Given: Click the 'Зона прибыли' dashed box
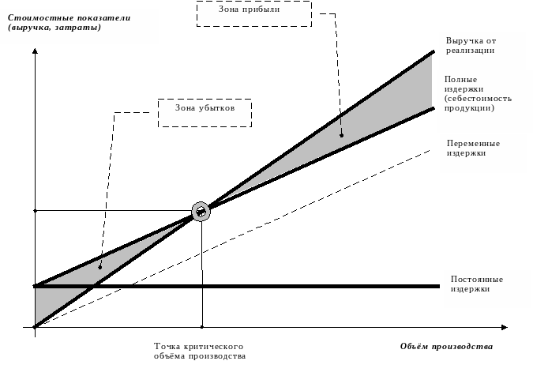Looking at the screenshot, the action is tap(254, 2).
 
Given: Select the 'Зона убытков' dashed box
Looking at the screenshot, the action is tap(205, 100).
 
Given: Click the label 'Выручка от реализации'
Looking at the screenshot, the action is tap(471, 46).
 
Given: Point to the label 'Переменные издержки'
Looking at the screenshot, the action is tap(473, 149).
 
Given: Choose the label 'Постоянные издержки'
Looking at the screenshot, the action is tap(477, 284).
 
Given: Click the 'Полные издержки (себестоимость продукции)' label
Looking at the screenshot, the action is tap(478, 93).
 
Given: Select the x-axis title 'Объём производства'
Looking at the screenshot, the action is tap(446, 347).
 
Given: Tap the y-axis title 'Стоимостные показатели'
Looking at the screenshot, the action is tap(69, 17).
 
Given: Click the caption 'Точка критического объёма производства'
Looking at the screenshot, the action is tap(200, 352).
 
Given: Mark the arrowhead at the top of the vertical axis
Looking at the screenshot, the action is tap(35, 51).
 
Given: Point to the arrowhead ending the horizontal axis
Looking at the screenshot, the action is tap(505, 327).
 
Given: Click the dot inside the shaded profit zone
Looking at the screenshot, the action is tap(342, 135).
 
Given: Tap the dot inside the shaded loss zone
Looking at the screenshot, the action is tap(100, 267).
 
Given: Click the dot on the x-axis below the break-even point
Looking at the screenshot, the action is tap(202, 327).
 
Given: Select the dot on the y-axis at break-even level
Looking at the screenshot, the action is tap(35, 211).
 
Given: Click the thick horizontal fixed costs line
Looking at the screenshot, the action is tap(237, 286).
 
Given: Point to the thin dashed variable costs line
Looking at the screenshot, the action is tap(232, 239).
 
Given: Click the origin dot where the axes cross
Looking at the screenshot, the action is tap(35, 327).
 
